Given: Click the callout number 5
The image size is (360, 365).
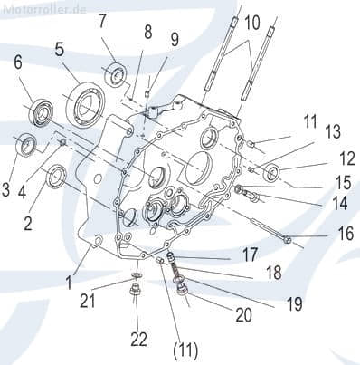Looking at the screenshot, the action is (60, 50).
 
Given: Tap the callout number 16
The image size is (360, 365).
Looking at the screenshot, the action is (346, 234).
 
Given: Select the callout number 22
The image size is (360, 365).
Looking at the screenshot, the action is (138, 339).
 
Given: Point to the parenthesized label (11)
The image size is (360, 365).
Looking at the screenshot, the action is (185, 351).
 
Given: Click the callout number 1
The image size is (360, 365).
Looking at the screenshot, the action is (69, 283).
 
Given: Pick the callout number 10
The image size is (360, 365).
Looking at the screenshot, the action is (251, 23).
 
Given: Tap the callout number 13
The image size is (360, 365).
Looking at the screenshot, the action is (333, 131).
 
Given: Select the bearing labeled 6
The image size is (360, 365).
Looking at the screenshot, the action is (42, 112).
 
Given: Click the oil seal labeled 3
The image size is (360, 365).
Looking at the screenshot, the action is (26, 144).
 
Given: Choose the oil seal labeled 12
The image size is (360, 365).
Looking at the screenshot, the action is (272, 173).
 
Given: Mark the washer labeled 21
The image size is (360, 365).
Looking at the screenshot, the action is (137, 275).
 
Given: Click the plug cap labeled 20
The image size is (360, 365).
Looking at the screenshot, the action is (182, 292).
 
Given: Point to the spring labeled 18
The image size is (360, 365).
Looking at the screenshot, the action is (175, 268).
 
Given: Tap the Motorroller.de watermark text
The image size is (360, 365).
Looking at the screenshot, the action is (44, 9).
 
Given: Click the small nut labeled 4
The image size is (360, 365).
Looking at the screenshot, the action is (62, 142).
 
